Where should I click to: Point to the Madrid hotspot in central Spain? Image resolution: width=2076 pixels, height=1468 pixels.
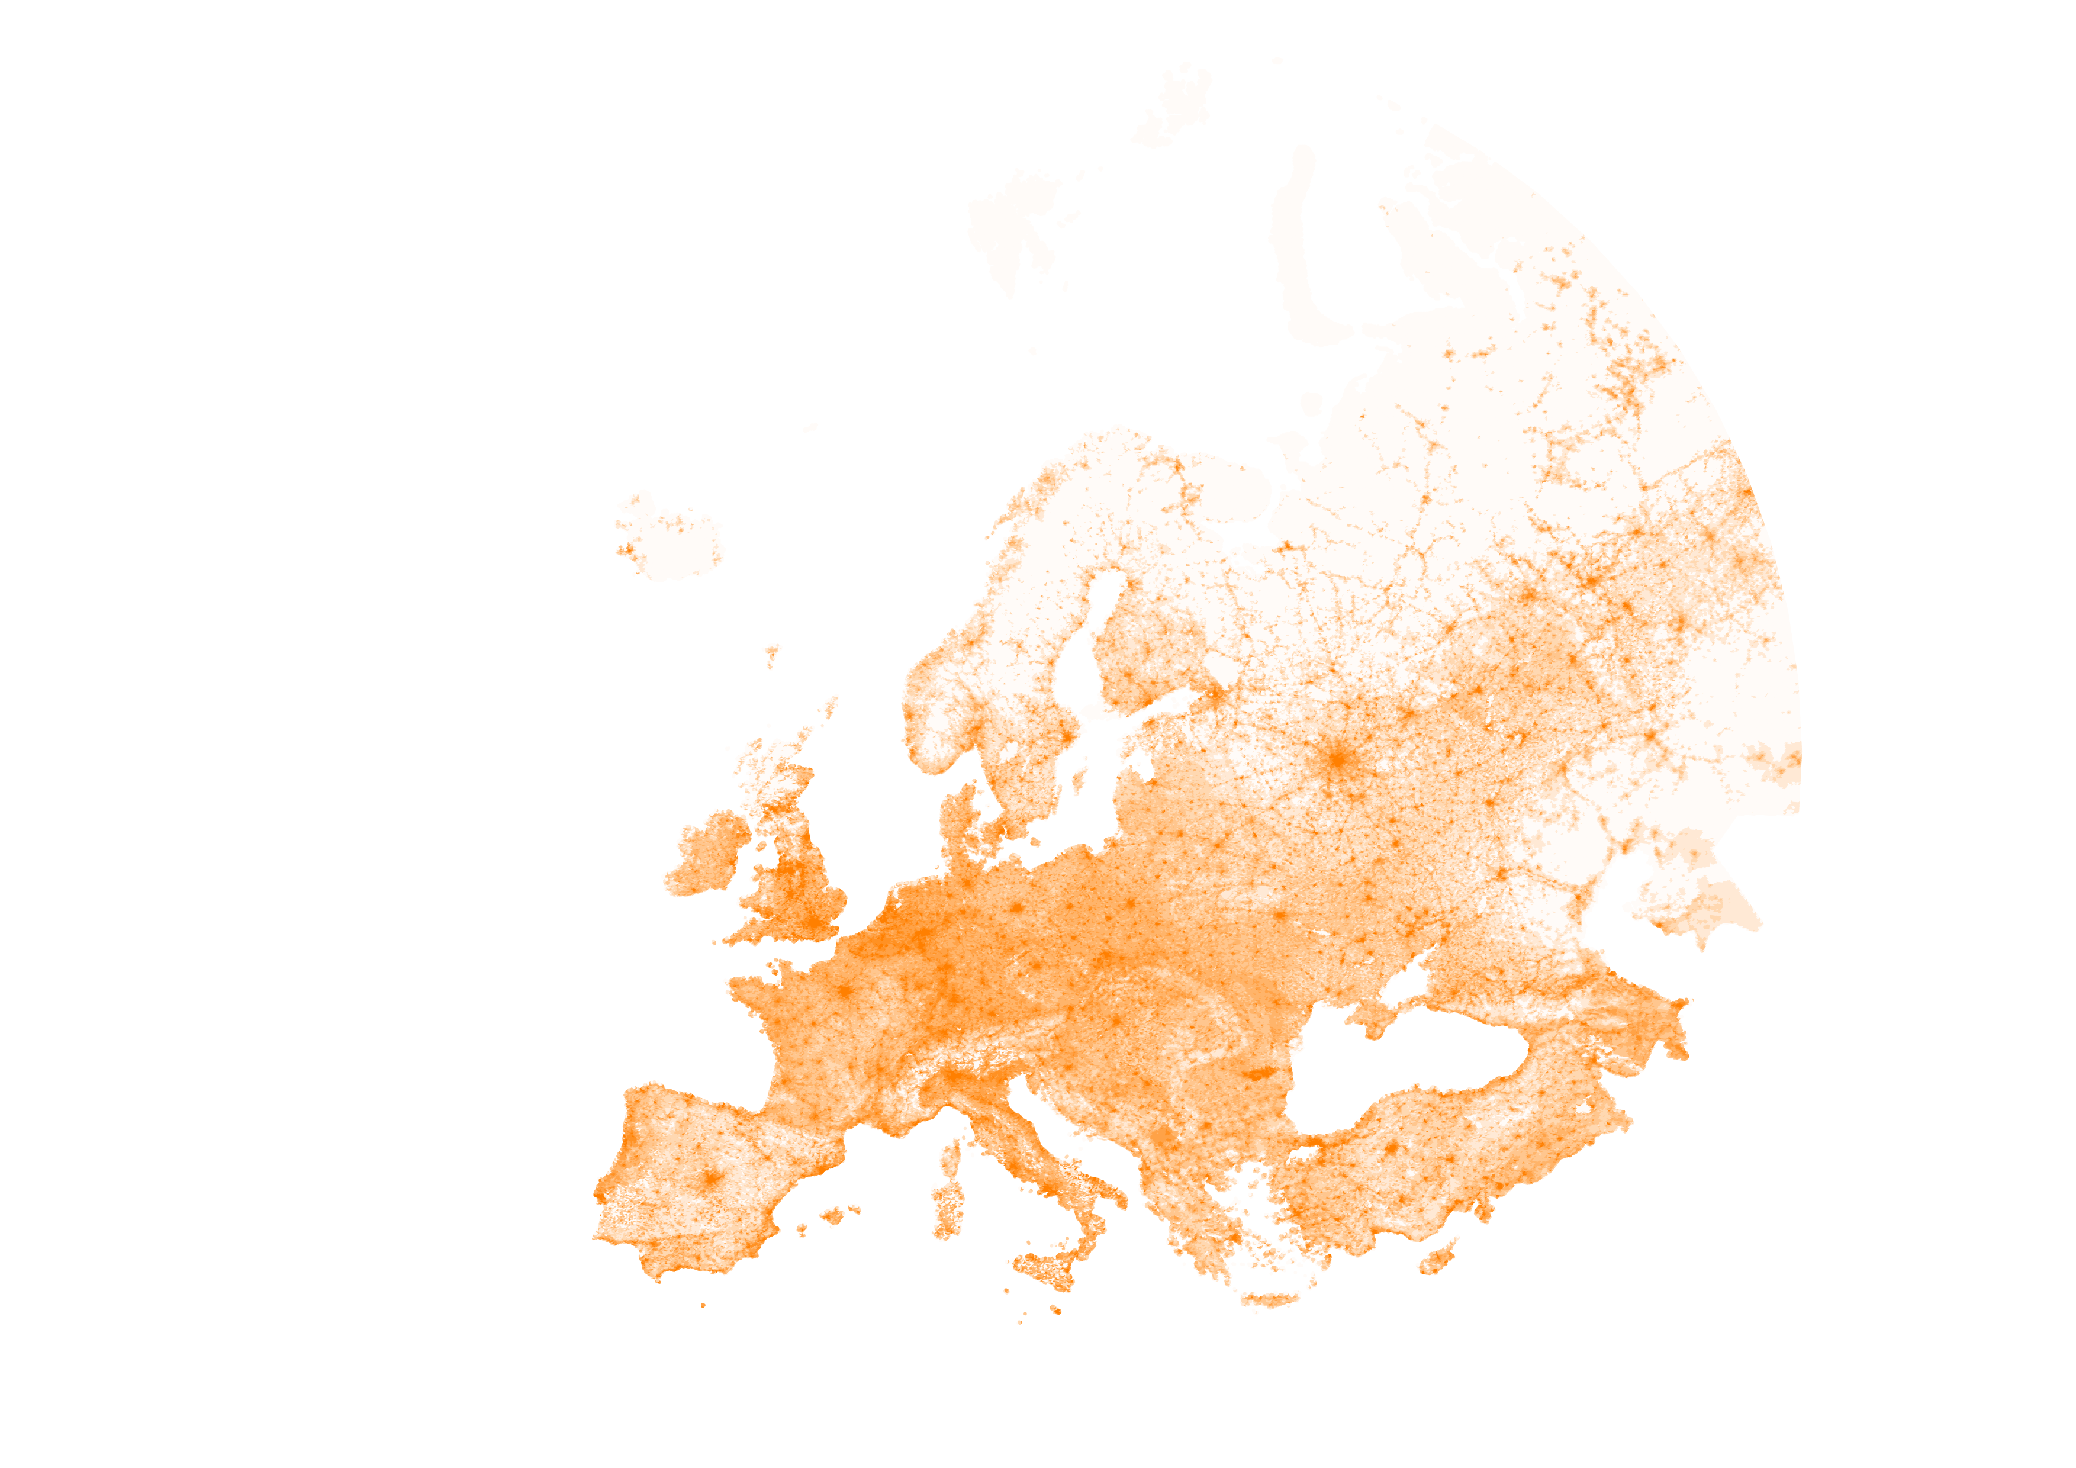[x=713, y=1178]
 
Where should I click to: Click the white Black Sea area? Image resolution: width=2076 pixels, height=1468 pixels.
[x=1411, y=1067]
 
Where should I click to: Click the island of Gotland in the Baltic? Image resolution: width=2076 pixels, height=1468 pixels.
[x=1079, y=779]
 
